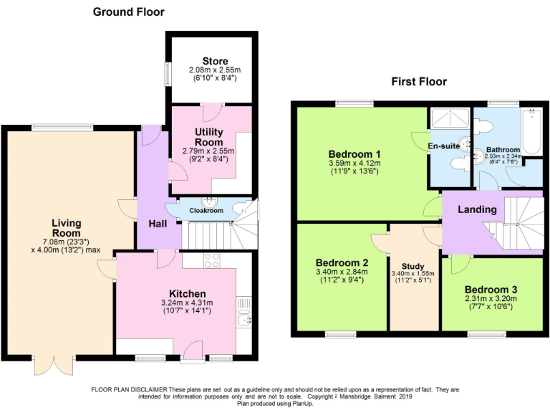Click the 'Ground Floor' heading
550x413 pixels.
tap(128, 11)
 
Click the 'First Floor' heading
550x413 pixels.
tap(418, 82)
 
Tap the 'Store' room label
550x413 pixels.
tap(214, 61)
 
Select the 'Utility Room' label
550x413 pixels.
tap(209, 137)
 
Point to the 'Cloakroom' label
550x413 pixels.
tap(206, 211)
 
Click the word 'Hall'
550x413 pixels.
tap(158, 224)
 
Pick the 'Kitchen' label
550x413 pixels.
tap(188, 293)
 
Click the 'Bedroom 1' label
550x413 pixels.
tap(354, 154)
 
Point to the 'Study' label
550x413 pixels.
tap(413, 266)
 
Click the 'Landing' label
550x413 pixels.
tap(478, 209)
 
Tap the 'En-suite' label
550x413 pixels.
tap(444, 146)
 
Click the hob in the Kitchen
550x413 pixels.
tap(213, 260)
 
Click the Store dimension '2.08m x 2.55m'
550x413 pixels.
tap(215, 70)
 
